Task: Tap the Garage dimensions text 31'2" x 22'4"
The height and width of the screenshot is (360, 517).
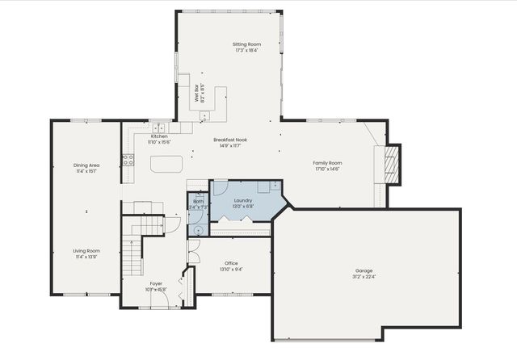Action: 364,277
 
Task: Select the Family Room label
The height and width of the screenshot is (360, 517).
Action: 327,162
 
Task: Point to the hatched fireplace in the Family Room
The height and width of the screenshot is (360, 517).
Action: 393,164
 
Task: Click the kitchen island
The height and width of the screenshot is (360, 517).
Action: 166,164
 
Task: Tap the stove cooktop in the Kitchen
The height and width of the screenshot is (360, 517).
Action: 128,160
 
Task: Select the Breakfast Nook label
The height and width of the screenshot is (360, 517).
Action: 230,140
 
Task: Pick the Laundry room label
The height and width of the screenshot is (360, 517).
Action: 243,200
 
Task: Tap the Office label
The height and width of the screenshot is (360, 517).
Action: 231,263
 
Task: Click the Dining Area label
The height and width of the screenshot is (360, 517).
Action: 86,165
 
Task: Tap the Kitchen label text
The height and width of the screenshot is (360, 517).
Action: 159,136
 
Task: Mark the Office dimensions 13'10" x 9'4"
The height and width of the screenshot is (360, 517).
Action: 231,270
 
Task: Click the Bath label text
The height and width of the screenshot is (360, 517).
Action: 198,201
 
